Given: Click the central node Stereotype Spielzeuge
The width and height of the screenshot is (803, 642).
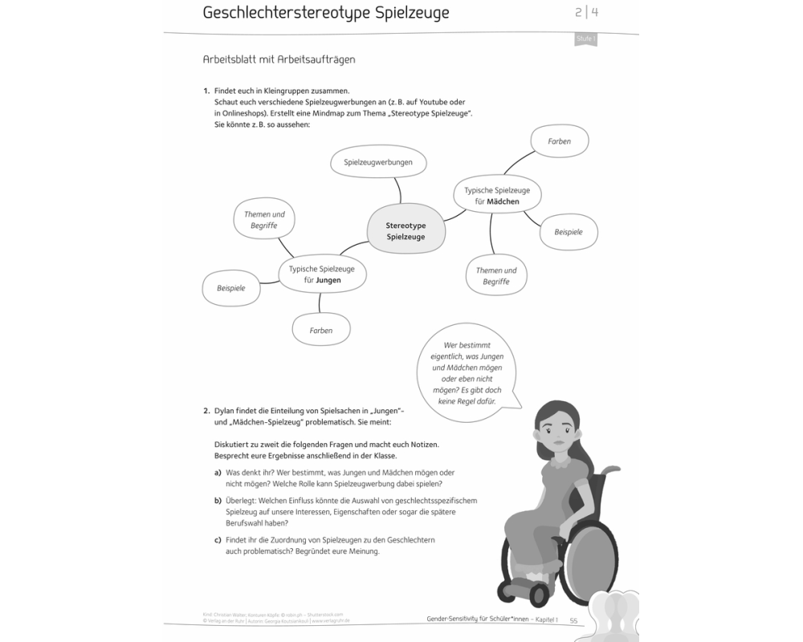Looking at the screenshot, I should pos(406,231).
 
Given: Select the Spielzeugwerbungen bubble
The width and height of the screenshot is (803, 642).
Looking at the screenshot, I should pos(378,162).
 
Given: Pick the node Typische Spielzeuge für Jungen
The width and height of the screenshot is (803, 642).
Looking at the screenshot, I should pos(322,274).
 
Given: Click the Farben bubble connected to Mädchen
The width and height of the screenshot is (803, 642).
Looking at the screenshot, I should pos(560,141).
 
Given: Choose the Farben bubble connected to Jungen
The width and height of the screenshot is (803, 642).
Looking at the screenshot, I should pos(321,330).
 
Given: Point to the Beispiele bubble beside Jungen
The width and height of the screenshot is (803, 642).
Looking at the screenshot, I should pos(231,287).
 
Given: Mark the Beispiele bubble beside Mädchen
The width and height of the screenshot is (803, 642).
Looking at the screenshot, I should pos(569,232).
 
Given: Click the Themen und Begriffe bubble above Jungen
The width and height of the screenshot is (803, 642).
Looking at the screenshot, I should pos(264,221).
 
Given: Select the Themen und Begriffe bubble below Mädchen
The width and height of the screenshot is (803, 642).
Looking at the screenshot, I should pos(496,276).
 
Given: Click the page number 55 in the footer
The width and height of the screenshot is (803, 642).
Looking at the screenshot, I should pos(574,620).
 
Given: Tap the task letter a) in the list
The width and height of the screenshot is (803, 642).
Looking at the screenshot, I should pos(218,473).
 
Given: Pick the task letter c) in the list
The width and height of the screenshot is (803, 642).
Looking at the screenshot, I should pos(218,540).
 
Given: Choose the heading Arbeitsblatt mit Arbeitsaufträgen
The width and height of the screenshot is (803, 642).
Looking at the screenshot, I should pos(279,59).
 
